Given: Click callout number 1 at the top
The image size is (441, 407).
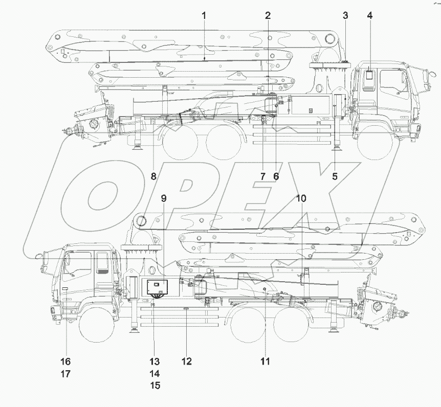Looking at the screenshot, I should coord(204,15).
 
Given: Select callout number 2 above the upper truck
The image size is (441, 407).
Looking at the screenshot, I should coord(268,15).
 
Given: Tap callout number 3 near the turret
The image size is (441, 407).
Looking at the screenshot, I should coord(345,15).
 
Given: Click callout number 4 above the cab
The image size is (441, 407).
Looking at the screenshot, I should coord(369,15).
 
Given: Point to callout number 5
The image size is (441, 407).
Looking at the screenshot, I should coord(335,176).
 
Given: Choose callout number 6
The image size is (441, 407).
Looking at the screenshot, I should coord(276,176).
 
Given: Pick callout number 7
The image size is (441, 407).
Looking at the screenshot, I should coord(262,176).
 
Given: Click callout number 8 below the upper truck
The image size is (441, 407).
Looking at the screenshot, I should coord(153,176).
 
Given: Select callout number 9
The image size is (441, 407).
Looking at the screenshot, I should coord(164,198).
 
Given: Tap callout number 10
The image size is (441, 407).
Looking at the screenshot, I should coord(301,198).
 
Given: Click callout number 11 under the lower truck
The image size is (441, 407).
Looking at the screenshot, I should coord(264,361).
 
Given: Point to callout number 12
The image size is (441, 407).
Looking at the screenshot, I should coord(186,361).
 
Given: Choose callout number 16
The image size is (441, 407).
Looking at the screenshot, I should coord(66,361).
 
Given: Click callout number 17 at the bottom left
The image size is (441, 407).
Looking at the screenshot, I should coord(66,374).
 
